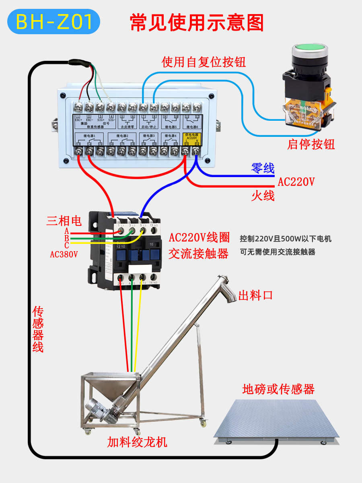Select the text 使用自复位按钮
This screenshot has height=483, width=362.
click(204, 62)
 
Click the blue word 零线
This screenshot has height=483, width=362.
click(263, 168)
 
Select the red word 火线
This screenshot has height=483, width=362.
click(263, 196)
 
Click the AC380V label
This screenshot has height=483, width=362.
click(64, 254)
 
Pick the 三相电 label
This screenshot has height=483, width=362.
click(64, 221)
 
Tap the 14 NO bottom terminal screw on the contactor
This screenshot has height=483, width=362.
click(153, 277)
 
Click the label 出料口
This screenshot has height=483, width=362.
click(256, 295)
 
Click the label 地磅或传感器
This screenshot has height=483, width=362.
click(278, 389)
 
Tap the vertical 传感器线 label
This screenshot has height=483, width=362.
click(38, 330)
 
